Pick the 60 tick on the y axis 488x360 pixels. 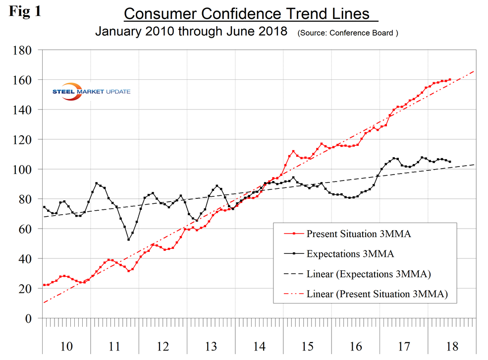click(27, 229)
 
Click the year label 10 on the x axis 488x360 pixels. click(66, 346)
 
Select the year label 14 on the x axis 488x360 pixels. click(259, 346)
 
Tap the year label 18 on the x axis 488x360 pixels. click(452, 346)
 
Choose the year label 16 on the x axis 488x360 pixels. click(356, 346)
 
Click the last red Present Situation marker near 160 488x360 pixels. click(449, 79)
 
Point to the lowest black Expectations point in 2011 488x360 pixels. click(129, 240)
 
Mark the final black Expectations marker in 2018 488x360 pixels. click(449, 162)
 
